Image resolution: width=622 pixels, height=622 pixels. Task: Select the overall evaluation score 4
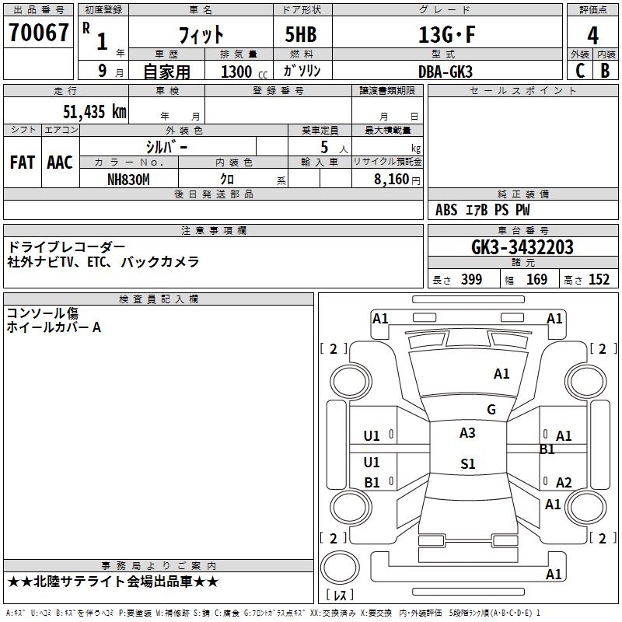coord(592,35)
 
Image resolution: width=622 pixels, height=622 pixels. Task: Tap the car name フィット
coord(201,35)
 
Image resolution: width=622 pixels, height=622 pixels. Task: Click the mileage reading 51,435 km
coord(95,112)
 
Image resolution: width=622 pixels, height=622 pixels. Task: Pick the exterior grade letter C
coord(579,72)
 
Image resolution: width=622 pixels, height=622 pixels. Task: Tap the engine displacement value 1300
coord(236,72)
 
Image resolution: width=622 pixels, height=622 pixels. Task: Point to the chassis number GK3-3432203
coord(522,247)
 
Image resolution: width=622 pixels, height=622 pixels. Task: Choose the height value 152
coord(599,280)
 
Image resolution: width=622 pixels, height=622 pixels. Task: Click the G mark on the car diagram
coord(491,410)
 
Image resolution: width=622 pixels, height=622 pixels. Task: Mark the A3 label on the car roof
coord(467,433)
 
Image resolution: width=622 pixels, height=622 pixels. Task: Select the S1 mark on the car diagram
coord(467,464)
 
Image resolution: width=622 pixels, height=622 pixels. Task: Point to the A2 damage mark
coord(564,483)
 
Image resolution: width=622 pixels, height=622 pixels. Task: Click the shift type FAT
coord(23,162)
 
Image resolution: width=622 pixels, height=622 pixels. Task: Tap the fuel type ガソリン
coord(302,72)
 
